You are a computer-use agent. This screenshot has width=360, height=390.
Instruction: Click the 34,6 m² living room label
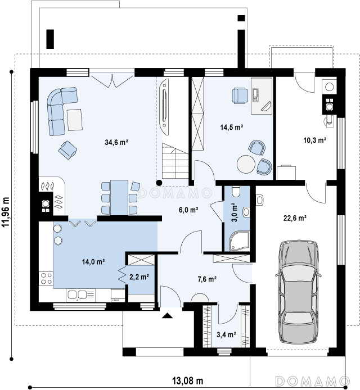pos(116,142)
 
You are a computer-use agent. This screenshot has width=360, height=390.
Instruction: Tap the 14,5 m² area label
pos(232,128)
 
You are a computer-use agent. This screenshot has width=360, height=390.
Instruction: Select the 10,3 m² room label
pos(315,140)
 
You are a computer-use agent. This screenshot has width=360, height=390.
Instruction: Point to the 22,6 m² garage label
pos(295,218)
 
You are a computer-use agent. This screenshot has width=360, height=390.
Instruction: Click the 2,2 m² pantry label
pos(139,277)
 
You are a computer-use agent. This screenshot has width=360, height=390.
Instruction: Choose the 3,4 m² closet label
pos(226,335)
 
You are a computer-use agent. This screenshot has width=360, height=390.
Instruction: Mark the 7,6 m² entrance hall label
pos(207,279)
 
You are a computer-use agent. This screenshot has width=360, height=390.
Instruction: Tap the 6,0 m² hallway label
pos(188,210)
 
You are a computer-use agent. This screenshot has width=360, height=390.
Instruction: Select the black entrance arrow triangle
pos(167,316)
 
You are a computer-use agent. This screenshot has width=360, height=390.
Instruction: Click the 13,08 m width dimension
pos(188,380)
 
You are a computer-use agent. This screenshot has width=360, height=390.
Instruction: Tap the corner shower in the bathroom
pos(239,241)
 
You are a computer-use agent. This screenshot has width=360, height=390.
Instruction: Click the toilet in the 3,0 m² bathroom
pos(236,192)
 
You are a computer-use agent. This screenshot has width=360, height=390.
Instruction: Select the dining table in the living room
pos(119,197)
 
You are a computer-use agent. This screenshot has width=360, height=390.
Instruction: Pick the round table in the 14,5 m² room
pos(246,164)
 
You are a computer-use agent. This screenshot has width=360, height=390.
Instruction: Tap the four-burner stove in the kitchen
pos(46,278)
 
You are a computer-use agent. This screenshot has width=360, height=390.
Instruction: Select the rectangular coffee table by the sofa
pos(75,120)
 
